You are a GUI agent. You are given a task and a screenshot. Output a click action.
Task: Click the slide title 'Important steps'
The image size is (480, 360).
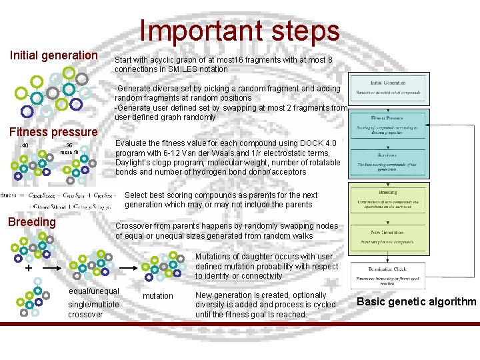point(239,31)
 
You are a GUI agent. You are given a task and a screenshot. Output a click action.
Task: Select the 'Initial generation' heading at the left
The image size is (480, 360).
point(53,55)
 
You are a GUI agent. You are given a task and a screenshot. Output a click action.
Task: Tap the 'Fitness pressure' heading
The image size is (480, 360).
point(53,132)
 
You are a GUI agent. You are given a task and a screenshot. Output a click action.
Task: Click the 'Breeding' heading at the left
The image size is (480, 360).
point(31,222)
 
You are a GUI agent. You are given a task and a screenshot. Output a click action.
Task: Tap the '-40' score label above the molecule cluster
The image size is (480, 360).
point(25,146)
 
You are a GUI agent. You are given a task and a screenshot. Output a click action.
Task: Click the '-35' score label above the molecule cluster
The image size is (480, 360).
point(67,145)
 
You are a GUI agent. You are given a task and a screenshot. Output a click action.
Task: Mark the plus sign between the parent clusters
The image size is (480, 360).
point(29,269)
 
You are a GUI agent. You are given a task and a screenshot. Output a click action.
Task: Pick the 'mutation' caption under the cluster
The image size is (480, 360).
point(158,296)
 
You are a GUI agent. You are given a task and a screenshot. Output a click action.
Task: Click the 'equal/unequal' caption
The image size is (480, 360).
point(94,291)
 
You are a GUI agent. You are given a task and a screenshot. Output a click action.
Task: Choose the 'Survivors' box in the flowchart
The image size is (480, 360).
point(386,165)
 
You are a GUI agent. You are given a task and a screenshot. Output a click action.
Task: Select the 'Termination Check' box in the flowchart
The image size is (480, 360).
point(386,273)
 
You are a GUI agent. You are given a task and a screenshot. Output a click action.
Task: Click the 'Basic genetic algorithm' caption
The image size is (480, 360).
point(417,301)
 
